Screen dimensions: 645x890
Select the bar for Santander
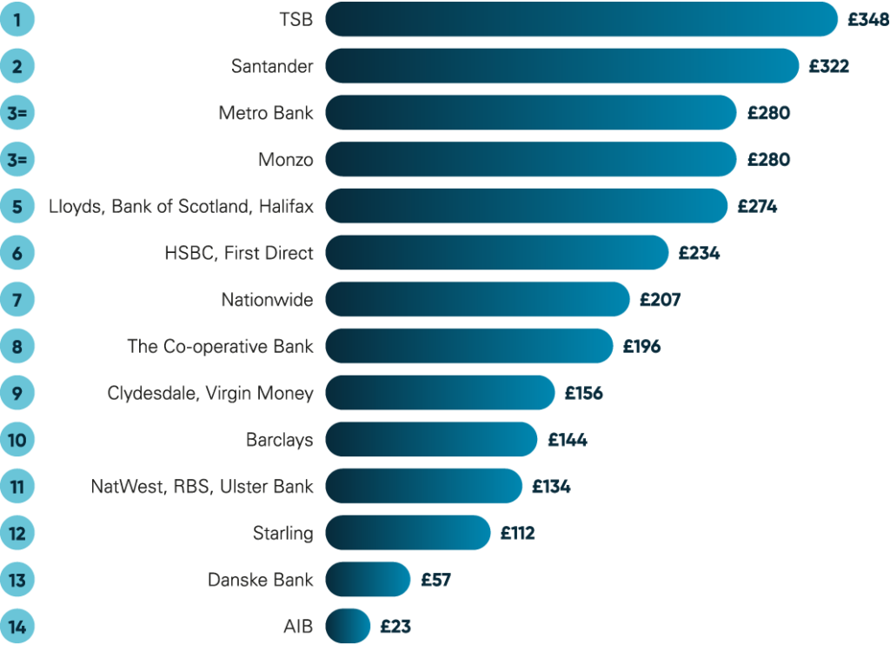click(x=561, y=66)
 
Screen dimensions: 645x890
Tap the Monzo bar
click(x=531, y=160)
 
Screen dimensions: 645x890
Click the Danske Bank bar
click(x=368, y=579)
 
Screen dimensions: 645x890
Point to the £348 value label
click(x=868, y=19)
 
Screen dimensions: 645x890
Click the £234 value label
click(x=700, y=254)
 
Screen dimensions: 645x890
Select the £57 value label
click(x=436, y=579)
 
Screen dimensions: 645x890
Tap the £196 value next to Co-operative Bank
click(x=642, y=347)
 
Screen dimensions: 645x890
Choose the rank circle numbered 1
click(x=17, y=19)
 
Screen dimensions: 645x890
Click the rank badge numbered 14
click(x=17, y=626)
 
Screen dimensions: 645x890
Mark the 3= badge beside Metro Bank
click(x=17, y=113)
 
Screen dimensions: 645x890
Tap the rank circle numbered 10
click(x=17, y=440)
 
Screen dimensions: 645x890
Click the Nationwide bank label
click(x=267, y=301)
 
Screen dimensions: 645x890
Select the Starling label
click(x=282, y=533)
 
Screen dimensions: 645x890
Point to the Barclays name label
click(x=279, y=440)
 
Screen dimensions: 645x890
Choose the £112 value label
click(x=518, y=533)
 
